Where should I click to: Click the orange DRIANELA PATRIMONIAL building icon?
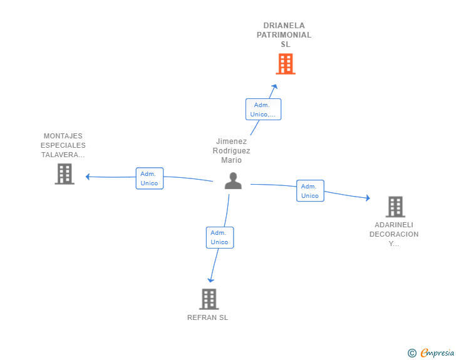[286, 64]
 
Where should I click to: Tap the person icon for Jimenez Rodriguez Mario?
[233, 181]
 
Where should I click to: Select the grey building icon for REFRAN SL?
[209, 299]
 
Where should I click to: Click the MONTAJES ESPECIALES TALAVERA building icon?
[65, 174]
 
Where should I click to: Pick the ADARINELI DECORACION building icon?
[395, 207]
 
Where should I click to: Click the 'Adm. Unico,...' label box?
[263, 110]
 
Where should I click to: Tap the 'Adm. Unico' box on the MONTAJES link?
[150, 178]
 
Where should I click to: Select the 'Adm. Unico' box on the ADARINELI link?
[310, 191]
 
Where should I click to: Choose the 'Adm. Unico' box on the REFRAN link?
[219, 237]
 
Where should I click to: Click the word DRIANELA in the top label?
[284, 26]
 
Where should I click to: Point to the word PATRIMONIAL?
[284, 35]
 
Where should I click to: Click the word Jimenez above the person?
[231, 141]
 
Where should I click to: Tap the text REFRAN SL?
[207, 317]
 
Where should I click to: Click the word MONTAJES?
[63, 136]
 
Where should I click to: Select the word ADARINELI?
[394, 225]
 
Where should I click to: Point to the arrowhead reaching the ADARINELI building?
[367, 198]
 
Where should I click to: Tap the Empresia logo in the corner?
[432, 353]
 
